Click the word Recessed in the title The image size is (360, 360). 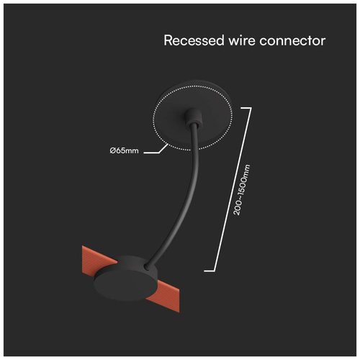194,40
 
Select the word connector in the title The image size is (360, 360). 292,40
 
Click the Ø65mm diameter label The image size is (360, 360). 124,150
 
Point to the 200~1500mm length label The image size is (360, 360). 242,189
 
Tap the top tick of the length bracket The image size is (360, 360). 246,108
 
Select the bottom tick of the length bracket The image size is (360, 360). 210,271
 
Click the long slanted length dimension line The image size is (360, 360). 233,189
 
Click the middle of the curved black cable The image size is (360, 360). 186,192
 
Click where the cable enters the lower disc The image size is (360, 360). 147,266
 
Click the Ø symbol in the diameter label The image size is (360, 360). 113,150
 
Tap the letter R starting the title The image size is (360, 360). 168,40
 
